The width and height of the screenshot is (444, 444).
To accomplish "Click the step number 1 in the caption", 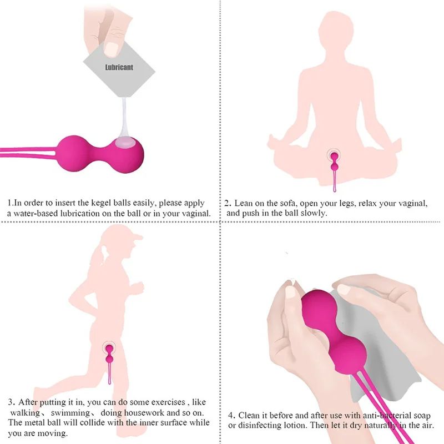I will pos(9,203).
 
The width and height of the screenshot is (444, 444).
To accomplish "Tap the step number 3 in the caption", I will pos(11,402).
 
